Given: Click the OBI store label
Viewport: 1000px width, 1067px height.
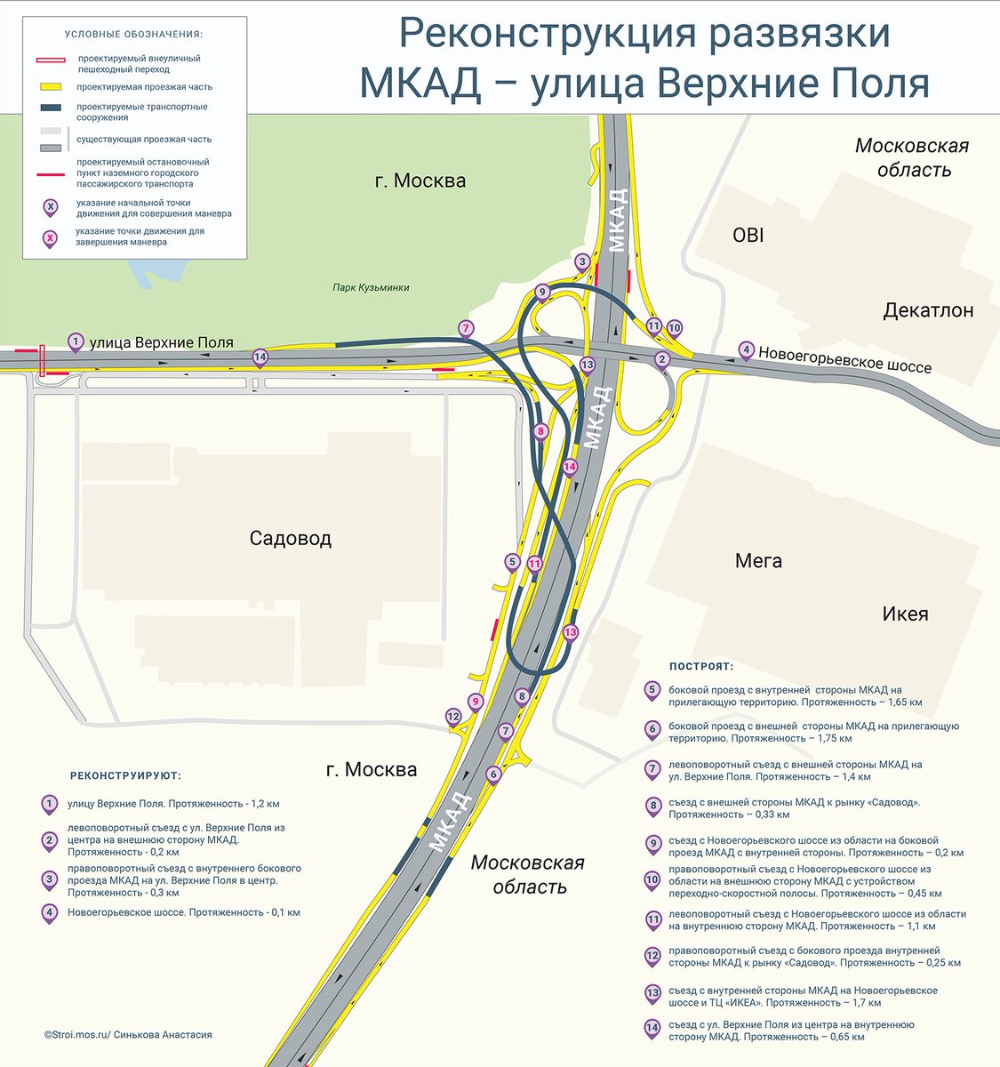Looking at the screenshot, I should tap(748, 236).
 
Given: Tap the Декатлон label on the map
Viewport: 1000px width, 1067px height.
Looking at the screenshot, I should tap(928, 310).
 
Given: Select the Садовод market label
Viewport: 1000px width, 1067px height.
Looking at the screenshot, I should tap(291, 538).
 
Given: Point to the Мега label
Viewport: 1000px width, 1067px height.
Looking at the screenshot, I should tap(758, 560).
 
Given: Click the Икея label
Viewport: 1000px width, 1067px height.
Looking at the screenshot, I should tap(905, 614).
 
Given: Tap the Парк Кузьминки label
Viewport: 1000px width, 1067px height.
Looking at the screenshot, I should tap(371, 287).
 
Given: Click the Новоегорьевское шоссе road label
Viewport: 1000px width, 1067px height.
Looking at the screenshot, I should tap(844, 358).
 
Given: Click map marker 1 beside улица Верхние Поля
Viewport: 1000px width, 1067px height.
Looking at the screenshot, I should tap(76, 341).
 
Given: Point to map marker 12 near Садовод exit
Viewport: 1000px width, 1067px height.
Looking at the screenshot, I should tap(453, 717).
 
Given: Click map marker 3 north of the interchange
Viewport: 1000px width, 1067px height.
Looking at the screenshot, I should tap(582, 261).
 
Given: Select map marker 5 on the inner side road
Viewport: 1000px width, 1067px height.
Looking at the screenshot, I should tap(511, 562).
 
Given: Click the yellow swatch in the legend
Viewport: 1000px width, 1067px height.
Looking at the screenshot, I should tap(50, 87).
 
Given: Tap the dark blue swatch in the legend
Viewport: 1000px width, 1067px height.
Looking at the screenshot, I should tap(50, 108).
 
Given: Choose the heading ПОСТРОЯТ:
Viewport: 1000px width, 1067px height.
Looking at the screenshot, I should tap(700, 666).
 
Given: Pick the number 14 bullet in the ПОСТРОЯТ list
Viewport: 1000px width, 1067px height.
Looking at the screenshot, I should tap(652, 1029).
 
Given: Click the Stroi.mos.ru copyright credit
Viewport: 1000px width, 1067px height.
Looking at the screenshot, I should tap(128, 1035).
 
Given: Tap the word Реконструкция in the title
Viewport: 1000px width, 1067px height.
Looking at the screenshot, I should tap(543, 34).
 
